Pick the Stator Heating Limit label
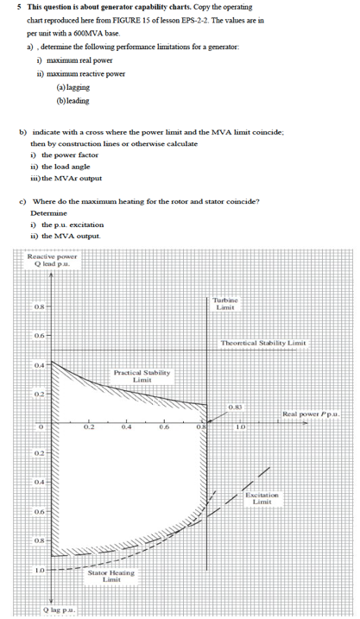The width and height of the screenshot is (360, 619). tap(111, 576)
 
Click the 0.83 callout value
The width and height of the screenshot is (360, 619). tap(235, 407)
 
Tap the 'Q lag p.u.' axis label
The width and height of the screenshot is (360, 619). tap(61, 610)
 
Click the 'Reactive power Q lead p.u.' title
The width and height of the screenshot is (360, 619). tap(52, 260)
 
